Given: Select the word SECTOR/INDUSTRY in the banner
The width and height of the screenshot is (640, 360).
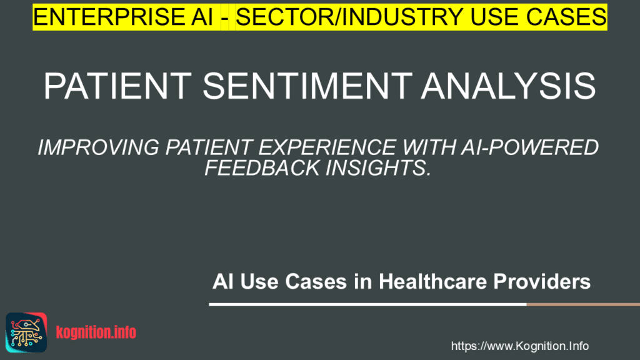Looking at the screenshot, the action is click(349, 17).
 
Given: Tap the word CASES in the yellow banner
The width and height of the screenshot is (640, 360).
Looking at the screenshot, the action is click(566, 17).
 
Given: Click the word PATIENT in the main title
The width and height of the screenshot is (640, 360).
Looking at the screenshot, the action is click(117, 86).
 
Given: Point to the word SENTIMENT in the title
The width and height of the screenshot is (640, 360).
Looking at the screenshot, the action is click(307, 86).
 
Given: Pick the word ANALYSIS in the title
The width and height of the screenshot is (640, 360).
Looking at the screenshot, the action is click(509, 86).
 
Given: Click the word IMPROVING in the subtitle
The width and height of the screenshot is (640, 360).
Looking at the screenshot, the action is click(98, 147).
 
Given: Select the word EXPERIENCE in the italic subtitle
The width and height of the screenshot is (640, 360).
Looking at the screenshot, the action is click(327, 147).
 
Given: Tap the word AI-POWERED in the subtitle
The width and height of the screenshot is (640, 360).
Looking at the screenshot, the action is click(530, 147).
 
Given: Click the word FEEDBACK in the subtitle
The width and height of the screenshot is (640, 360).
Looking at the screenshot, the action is click(262, 167).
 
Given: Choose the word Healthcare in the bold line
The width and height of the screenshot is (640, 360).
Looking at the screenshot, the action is click(432, 282).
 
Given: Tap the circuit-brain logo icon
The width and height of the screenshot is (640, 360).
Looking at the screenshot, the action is click(26, 332).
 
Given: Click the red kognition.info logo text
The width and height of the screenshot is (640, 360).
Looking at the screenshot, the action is click(96, 332).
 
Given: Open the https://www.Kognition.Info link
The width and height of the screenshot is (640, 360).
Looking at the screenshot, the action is click(519, 346).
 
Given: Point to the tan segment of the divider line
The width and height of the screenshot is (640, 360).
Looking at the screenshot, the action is click(583, 304).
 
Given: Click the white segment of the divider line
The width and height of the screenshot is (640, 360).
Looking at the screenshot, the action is click(367, 304).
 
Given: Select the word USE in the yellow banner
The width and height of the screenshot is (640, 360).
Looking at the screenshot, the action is click(494, 17).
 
